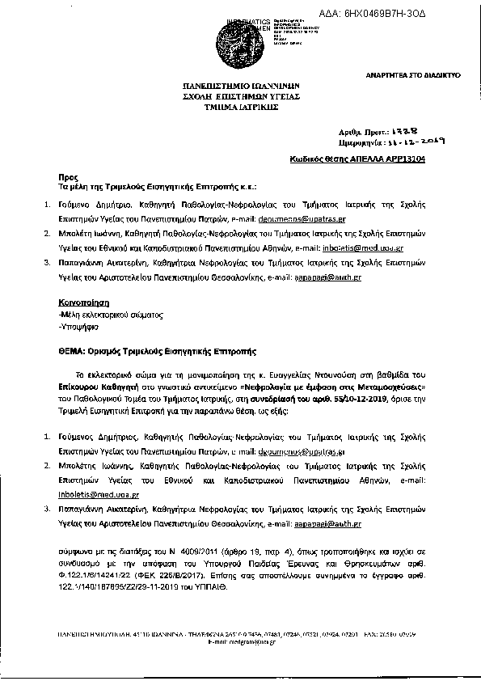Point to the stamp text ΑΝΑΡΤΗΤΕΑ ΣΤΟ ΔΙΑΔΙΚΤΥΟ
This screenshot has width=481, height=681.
412,74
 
